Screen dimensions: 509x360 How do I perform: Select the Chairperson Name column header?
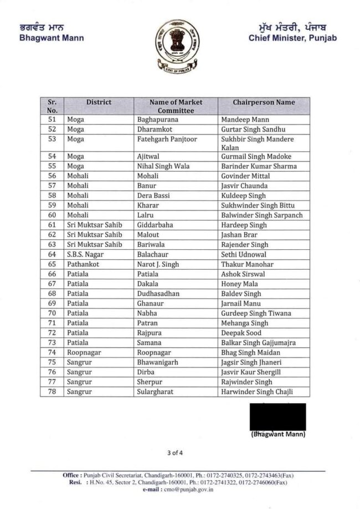pos(256,102)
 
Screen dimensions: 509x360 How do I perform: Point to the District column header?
pos(99,102)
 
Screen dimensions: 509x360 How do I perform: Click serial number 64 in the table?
pos(52,254)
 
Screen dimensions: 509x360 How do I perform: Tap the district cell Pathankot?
pos(83,264)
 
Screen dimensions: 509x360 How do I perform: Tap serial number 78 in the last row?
pos(52,392)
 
